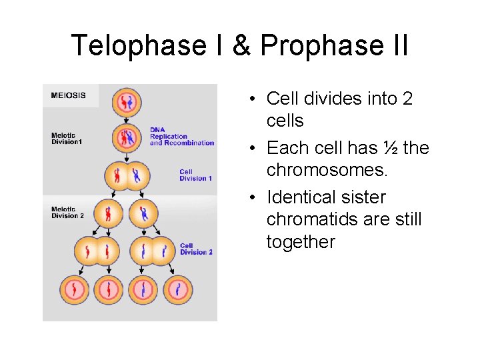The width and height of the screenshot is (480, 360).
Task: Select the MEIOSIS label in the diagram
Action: pyautogui.click(x=68, y=95)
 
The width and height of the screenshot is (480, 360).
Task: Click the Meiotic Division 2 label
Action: pyautogui.click(x=67, y=213)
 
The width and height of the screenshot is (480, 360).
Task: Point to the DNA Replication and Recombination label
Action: pyautogui.click(x=181, y=136)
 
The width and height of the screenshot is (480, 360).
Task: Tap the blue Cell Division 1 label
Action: pyautogui.click(x=195, y=175)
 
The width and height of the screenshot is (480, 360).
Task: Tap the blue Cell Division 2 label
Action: pyautogui.click(x=195, y=249)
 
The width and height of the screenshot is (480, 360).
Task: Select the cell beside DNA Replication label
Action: pyautogui.click(x=126, y=138)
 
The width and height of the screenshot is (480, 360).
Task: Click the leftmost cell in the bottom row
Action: pyautogui.click(x=75, y=290)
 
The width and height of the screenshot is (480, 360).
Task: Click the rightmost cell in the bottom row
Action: pyautogui.click(x=177, y=290)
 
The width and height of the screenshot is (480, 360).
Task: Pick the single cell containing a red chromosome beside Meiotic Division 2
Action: pyautogui.click(x=108, y=213)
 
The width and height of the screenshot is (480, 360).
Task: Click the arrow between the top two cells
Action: pyautogui.click(x=126, y=119)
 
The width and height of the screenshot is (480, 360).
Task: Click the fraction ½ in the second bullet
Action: pyautogui.click(x=390, y=148)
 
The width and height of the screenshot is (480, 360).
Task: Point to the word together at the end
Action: pyautogui.click(x=301, y=241)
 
